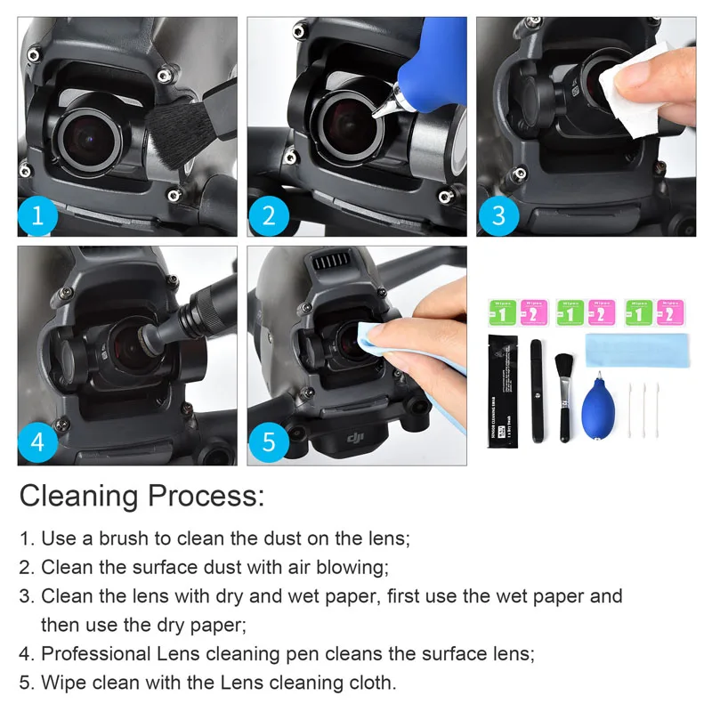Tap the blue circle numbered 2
click(x=268, y=216)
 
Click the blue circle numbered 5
click(x=268, y=442)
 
